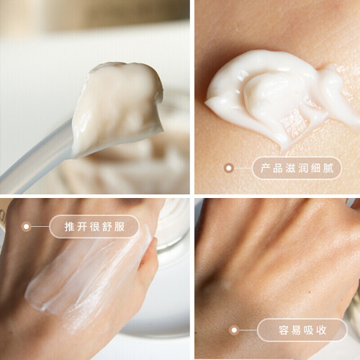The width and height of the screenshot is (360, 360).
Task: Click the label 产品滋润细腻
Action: [x=297, y=168]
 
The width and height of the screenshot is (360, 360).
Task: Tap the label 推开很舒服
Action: [x=94, y=227]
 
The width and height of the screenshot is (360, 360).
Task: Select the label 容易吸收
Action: [x=302, y=330]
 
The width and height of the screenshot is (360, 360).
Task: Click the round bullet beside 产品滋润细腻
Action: [x=229, y=168]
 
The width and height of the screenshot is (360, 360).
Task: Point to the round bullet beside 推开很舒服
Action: [x=26, y=227]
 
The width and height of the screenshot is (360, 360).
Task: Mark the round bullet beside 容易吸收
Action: [x=234, y=330]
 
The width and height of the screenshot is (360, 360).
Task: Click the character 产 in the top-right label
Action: [x=266, y=168]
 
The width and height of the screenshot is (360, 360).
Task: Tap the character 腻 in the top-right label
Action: [x=328, y=168]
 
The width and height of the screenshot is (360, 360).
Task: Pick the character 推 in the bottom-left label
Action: [x=70, y=227]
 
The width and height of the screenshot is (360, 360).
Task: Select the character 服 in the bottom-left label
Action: [x=120, y=227]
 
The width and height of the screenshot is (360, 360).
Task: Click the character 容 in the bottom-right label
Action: [x=284, y=330]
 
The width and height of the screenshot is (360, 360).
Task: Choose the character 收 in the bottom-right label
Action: [x=321, y=330]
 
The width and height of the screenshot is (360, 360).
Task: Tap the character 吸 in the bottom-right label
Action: [x=309, y=330]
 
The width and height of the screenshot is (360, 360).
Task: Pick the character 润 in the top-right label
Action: [x=303, y=168]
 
